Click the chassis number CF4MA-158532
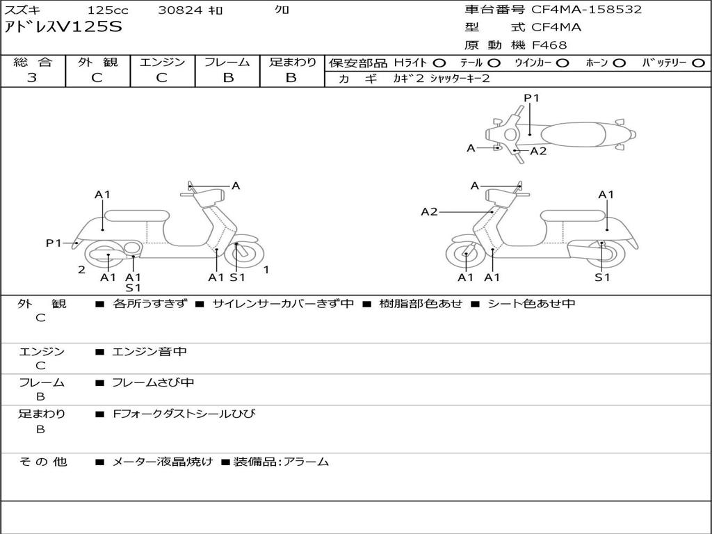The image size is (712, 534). (x=586, y=10)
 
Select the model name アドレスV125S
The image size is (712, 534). (x=63, y=27)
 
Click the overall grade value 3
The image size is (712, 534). (x=32, y=77)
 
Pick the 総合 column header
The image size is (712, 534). (x=33, y=62)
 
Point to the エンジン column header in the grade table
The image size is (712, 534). (x=162, y=62)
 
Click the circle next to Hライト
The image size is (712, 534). (x=439, y=63)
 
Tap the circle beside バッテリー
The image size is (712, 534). (x=698, y=63)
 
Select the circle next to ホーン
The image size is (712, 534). (x=619, y=63)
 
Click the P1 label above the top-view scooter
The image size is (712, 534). (x=531, y=97)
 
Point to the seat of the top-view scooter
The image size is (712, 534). (x=573, y=134)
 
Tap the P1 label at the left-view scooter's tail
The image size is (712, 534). (x=53, y=243)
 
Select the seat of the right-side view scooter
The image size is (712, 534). (x=573, y=217)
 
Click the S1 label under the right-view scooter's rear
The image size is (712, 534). (x=602, y=277)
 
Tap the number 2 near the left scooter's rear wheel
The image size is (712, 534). (x=82, y=270)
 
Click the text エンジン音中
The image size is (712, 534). (x=149, y=351)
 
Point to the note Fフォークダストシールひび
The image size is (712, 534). (x=184, y=414)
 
